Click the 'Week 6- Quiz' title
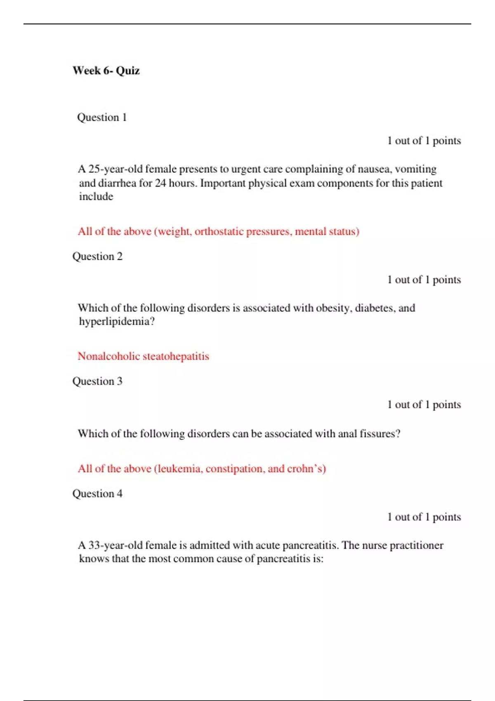coord(106,71)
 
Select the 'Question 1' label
coord(101,118)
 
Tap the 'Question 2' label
coord(97,256)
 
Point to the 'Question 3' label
coord(97,381)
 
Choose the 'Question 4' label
coord(97,494)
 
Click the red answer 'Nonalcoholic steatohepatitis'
coord(143,356)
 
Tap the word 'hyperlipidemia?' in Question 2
coord(117,322)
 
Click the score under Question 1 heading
coord(424,141)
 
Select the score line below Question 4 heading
coord(424,517)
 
